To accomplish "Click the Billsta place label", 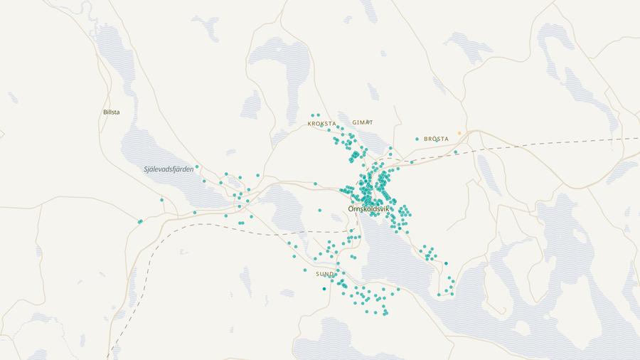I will click(112, 112).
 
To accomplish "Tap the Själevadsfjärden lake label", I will click(169, 169).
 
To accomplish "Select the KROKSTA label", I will click(321, 124).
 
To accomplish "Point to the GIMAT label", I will click(363, 122).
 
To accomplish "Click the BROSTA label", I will click(436, 139).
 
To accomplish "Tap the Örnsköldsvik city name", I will click(369, 208).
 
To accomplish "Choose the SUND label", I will click(324, 274).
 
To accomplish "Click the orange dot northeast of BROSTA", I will click(459, 133).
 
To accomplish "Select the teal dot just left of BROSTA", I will click(417, 139).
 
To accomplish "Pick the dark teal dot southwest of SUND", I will click(324, 288).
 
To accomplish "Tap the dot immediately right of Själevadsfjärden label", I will click(197, 167).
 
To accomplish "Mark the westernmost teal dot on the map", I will click(139, 222).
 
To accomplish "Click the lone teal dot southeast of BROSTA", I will click(456, 152).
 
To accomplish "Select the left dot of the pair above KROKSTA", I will click(312, 115).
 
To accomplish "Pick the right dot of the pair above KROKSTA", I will click(318, 115).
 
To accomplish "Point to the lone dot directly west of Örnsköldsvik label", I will click(319, 211).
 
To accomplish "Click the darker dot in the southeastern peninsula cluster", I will click(446, 263).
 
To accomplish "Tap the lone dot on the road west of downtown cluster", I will click(315, 184).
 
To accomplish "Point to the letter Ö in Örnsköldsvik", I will click(351, 208).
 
